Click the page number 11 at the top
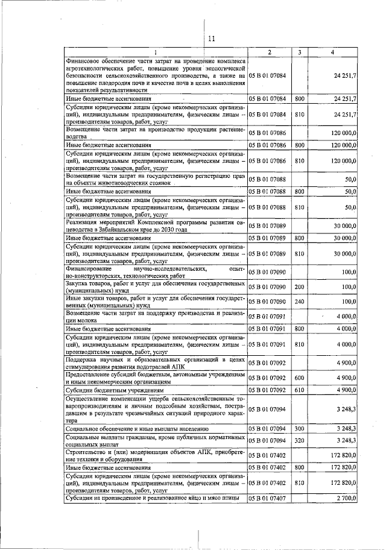[x=211, y=39]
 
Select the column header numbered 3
[x=300, y=52]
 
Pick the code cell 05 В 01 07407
[x=270, y=498]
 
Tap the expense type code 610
[x=300, y=390]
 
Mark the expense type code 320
[x=300, y=441]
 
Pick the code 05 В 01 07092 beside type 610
[x=270, y=390]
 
